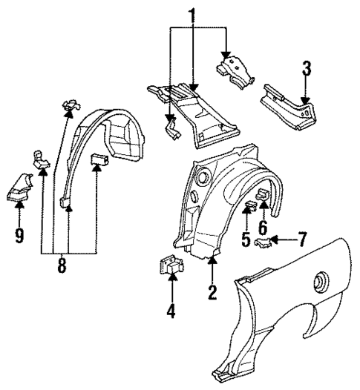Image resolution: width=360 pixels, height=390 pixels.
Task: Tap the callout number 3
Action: tap(304, 71)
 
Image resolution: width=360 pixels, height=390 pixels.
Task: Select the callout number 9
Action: tap(19, 237)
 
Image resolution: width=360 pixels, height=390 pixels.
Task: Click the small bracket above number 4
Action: tap(171, 264)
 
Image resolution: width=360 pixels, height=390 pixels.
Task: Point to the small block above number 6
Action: tap(263, 195)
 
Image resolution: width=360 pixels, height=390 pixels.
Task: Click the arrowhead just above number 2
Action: tap(212, 260)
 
